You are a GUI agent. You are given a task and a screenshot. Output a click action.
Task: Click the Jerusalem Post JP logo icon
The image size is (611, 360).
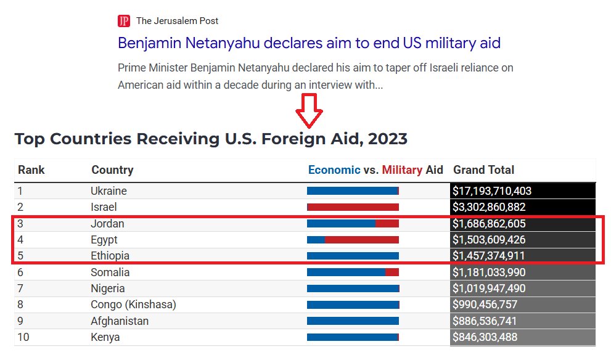(124, 21)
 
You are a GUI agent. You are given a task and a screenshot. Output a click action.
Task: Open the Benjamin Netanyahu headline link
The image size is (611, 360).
(309, 43)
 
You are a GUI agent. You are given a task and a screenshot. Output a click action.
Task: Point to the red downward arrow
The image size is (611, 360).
(310, 110)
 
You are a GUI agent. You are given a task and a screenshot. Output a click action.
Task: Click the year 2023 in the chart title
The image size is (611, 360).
(387, 139)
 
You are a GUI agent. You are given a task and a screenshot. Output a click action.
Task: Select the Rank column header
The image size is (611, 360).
(31, 170)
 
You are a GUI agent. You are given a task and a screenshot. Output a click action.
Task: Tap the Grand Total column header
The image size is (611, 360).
(483, 170)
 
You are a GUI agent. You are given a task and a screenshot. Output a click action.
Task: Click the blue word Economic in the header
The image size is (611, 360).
(334, 170)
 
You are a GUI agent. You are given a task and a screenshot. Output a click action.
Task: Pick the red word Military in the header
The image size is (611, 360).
(402, 170)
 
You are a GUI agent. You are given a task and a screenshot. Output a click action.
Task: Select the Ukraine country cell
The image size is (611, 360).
(109, 191)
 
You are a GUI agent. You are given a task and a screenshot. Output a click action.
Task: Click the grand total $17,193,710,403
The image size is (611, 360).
(492, 191)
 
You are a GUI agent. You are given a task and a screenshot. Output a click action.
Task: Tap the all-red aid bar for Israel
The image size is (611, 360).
(353, 207)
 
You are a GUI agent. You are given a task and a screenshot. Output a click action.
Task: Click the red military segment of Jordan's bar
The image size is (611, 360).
(387, 223)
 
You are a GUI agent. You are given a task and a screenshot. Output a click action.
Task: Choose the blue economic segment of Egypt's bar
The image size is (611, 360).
(316, 239)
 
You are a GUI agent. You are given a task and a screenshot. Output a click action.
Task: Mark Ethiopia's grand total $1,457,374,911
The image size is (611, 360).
(489, 256)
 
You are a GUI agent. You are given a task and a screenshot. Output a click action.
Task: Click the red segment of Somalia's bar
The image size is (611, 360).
(392, 272)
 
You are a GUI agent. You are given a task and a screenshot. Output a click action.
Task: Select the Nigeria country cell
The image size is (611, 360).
(108, 288)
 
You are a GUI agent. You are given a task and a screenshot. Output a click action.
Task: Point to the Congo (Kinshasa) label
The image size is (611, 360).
(133, 305)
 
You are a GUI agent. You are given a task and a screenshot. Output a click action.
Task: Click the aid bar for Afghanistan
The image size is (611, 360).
(353, 321)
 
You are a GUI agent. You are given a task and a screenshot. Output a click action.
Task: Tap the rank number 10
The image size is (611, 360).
(23, 337)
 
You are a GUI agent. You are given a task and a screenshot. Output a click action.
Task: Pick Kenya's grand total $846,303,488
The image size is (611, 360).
(485, 337)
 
